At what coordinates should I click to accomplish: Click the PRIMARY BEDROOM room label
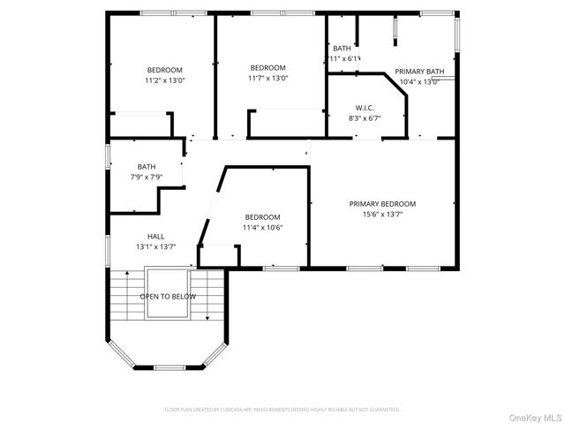coord(382,203)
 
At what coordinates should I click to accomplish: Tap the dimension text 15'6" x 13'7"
coord(382,214)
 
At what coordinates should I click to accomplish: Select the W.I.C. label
coord(365,108)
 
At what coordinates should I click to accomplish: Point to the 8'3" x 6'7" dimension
coord(365,118)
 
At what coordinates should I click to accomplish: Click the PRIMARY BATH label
coord(419,72)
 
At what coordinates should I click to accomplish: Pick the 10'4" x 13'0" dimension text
coord(419,82)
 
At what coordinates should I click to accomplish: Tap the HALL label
coord(155,236)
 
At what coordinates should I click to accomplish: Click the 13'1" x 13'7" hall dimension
coord(155,246)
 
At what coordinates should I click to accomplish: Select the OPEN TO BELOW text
coord(168,297)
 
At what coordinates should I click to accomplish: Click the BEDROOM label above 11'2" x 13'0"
coord(164,70)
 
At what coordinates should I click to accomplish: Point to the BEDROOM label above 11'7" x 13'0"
coord(267,67)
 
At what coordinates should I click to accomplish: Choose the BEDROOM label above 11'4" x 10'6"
coord(262,217)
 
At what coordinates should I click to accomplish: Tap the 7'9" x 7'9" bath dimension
coord(147,178)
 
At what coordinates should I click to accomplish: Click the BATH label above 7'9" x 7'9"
coord(147,166)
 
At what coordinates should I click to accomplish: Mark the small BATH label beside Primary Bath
coord(342,49)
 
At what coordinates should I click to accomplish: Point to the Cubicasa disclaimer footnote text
coord(282,409)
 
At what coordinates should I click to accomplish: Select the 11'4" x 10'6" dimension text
coord(262,228)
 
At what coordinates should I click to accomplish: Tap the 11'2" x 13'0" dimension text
coord(164,80)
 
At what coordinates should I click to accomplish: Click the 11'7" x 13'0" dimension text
coord(267,78)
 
